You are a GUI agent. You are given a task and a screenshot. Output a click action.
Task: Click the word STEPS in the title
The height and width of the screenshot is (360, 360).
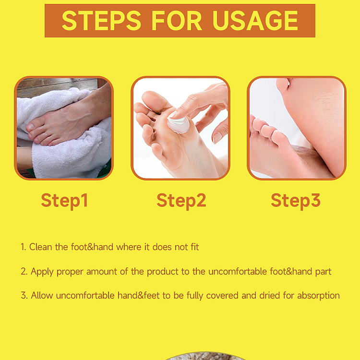point(102,20)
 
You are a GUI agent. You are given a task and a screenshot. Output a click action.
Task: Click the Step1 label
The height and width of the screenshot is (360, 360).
point(64,200)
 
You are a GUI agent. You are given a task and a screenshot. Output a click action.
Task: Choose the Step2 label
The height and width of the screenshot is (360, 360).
point(181,200)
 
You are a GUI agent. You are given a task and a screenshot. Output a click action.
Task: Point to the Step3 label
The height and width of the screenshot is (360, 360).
point(295,200)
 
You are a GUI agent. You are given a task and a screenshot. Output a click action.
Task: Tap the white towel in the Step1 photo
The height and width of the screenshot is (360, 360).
point(72,154)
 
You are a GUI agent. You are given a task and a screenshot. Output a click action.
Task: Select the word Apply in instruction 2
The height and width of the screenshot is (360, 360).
point(42,272)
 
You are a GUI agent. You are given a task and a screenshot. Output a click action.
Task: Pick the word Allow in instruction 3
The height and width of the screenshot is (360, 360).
point(42,296)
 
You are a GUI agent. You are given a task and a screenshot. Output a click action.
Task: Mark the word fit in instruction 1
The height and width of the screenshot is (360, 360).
point(194,247)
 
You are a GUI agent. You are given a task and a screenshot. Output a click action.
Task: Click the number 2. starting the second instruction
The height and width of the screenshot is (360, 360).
point(24,272)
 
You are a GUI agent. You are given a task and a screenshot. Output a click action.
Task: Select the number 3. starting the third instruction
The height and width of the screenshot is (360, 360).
point(24,296)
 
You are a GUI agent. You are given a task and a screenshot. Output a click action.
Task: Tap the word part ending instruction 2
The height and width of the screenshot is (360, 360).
point(323,272)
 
